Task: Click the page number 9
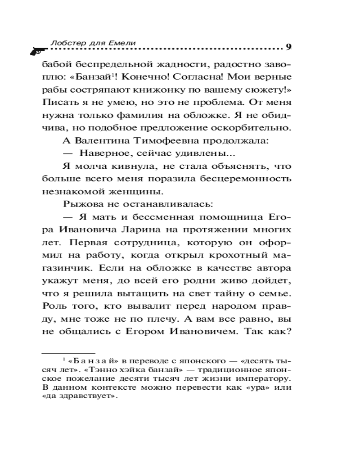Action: click(x=288, y=46)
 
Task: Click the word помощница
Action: click(x=229, y=217)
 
